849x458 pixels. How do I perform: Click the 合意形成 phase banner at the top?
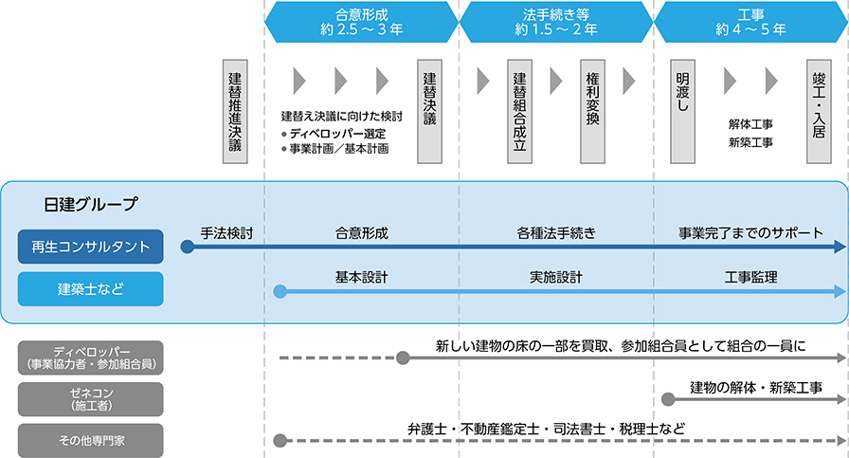pyautogui.click(x=361, y=22)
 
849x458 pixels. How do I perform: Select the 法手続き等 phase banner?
pyautogui.click(x=555, y=22)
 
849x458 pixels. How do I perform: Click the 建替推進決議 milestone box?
pyautogui.click(x=235, y=112)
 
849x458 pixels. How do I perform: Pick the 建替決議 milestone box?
pyautogui.click(x=429, y=112)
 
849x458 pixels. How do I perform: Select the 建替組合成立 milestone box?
pyautogui.click(x=518, y=112)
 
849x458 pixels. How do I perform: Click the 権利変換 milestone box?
pyautogui.click(x=592, y=112)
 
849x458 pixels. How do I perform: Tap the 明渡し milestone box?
pyautogui.click(x=683, y=112)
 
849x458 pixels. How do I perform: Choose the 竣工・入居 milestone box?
pyautogui.click(x=820, y=112)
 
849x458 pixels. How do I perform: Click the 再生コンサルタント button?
pyautogui.click(x=90, y=247)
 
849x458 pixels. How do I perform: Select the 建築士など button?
pyautogui.click(x=90, y=289)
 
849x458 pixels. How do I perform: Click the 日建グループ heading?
pyautogui.click(x=90, y=205)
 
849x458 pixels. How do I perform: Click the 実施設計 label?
pyautogui.click(x=556, y=278)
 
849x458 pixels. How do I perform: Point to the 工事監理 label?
pyautogui.click(x=750, y=278)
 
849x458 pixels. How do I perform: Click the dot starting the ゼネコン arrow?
pyautogui.click(x=669, y=399)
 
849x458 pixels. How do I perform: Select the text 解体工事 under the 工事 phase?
pyautogui.click(x=750, y=124)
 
